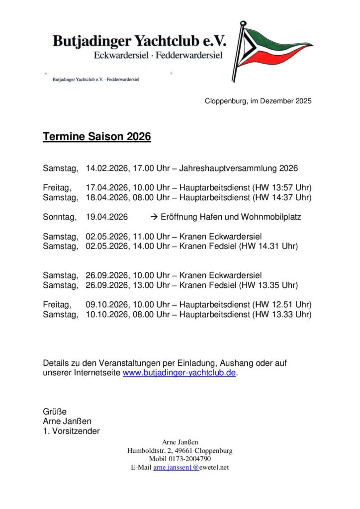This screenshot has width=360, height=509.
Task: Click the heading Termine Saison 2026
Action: point(96,137)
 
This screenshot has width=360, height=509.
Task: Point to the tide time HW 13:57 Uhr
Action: point(282,188)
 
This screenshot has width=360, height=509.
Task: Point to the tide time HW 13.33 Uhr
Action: point(282,314)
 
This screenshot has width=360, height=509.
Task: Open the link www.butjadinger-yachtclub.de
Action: point(179,373)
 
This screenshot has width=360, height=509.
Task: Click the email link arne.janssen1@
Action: point(176,468)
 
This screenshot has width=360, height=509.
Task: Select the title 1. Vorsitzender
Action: point(71,431)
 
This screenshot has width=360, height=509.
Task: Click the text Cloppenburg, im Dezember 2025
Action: point(258,101)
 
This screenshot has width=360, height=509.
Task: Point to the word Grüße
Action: point(55,412)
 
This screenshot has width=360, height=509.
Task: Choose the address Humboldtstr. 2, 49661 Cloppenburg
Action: point(180,451)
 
